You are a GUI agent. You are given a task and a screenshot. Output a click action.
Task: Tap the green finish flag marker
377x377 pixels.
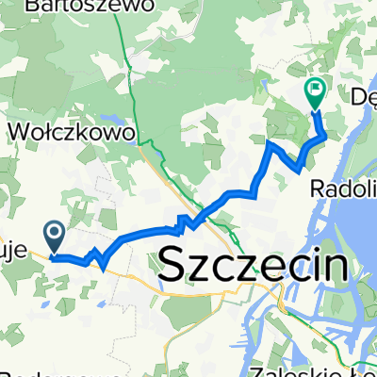point(314,92)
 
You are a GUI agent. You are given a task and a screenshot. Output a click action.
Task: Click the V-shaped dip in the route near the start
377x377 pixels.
point(100,265)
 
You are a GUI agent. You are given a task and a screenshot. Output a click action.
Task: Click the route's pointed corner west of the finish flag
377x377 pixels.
point(270,144)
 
